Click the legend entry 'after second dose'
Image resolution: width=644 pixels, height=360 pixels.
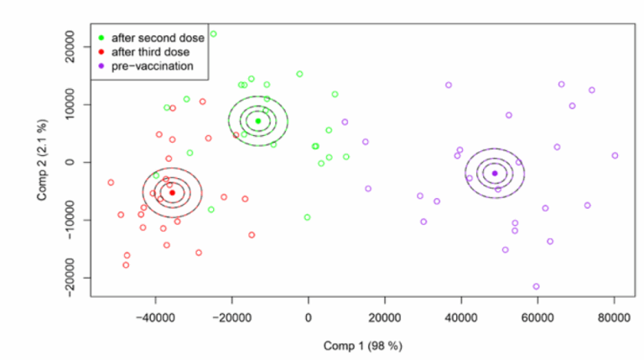click(150, 38)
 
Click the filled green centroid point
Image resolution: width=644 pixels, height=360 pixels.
click(258, 121)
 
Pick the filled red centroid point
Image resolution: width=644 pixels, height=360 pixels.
click(173, 192)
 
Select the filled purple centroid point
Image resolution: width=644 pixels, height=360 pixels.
click(495, 173)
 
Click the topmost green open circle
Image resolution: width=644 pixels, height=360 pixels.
click(213, 34)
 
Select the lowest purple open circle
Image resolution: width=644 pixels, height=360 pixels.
click(536, 286)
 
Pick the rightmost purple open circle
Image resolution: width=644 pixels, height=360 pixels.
click(615, 155)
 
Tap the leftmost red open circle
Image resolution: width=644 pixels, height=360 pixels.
click(111, 182)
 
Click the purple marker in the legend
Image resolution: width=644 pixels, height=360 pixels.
click(101, 65)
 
